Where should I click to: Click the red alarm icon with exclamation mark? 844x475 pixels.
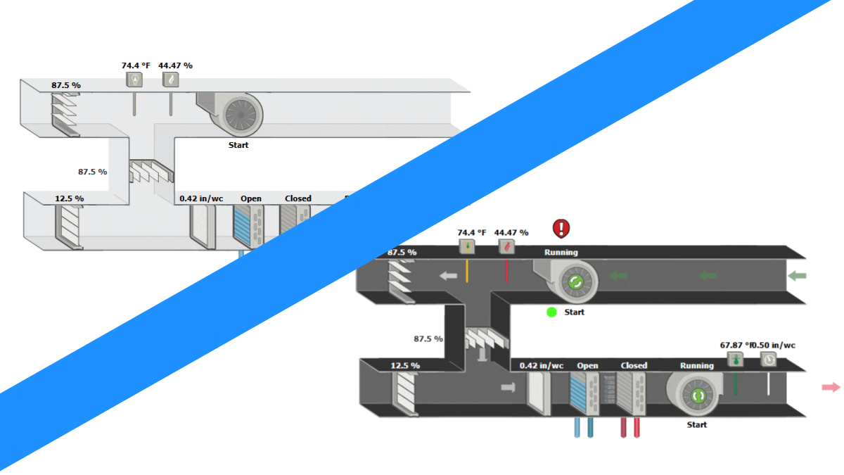point(561,228)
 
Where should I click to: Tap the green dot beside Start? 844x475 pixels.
point(551,312)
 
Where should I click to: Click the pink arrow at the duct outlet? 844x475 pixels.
point(831,387)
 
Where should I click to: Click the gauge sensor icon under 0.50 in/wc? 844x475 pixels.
point(769,360)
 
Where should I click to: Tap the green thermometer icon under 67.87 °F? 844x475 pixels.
point(736,360)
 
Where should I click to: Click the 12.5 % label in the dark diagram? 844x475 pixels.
point(405,366)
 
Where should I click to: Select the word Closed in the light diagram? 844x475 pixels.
point(298,198)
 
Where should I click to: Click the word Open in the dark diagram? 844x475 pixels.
point(587,366)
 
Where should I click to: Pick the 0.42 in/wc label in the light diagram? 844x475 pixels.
point(201,198)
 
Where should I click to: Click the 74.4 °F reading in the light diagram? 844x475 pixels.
point(136,65)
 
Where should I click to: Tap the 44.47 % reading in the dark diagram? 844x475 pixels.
point(510,232)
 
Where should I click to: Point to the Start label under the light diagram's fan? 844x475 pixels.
point(238,146)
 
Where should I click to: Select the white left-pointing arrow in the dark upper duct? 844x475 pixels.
point(448,276)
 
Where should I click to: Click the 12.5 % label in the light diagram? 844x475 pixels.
point(69,198)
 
